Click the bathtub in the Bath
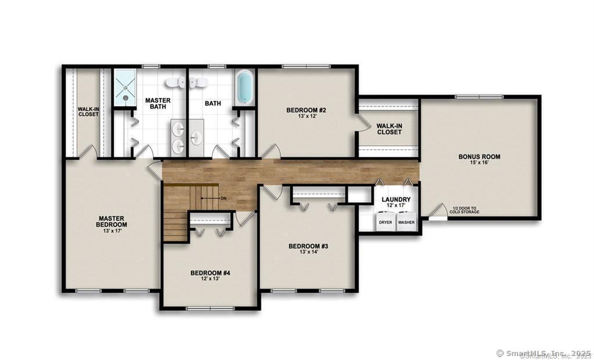click(x=245, y=87)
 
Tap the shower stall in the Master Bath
click(x=124, y=88)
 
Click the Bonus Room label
click(x=479, y=157)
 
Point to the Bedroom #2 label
click(x=305, y=110)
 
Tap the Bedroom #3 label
click(x=308, y=246)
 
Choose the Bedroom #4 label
click(x=210, y=272)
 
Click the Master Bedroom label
click(x=111, y=222)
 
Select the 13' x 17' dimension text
click(x=111, y=231)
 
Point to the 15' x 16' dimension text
click(x=479, y=164)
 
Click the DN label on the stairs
click(x=223, y=199)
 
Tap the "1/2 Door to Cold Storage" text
click(x=463, y=210)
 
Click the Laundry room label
click(x=396, y=200)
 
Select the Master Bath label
click(x=157, y=103)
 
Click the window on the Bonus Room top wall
click(x=479, y=96)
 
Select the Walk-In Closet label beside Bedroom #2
click(x=389, y=129)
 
